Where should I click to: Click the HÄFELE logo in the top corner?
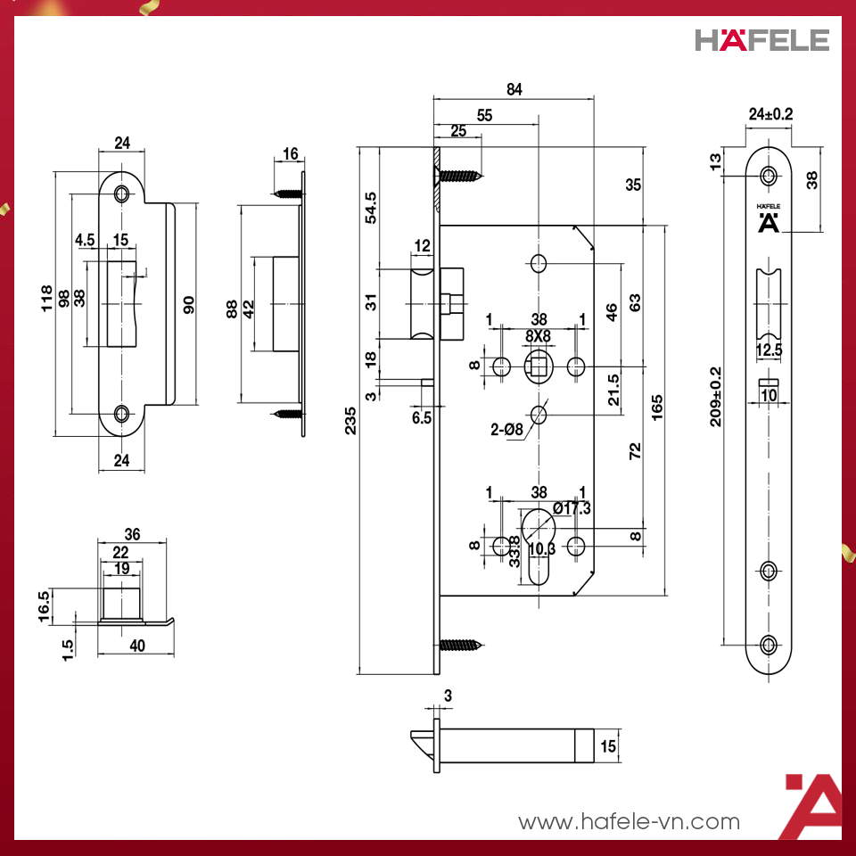pos(761,40)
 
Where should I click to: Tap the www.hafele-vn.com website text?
pos(629,821)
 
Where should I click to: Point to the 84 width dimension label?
pos(514,89)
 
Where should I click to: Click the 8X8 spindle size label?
pos(539,335)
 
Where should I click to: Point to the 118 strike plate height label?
pos(47,299)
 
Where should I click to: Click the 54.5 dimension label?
pos(371,208)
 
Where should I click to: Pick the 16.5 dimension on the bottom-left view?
pos(44,607)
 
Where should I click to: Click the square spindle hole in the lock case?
pos(539,365)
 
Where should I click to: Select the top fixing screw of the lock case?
pos(460,175)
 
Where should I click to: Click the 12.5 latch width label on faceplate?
pos(769,351)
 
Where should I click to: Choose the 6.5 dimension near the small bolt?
pos(422,416)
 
